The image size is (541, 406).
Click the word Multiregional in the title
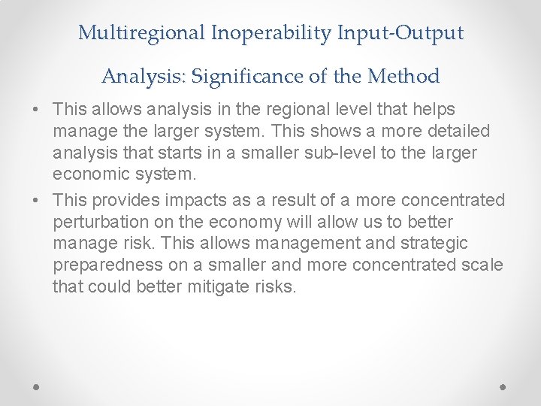point(144,33)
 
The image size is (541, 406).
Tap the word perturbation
point(102,223)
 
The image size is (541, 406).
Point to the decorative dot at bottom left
point(38,386)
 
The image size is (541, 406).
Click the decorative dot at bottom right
point(503,386)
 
